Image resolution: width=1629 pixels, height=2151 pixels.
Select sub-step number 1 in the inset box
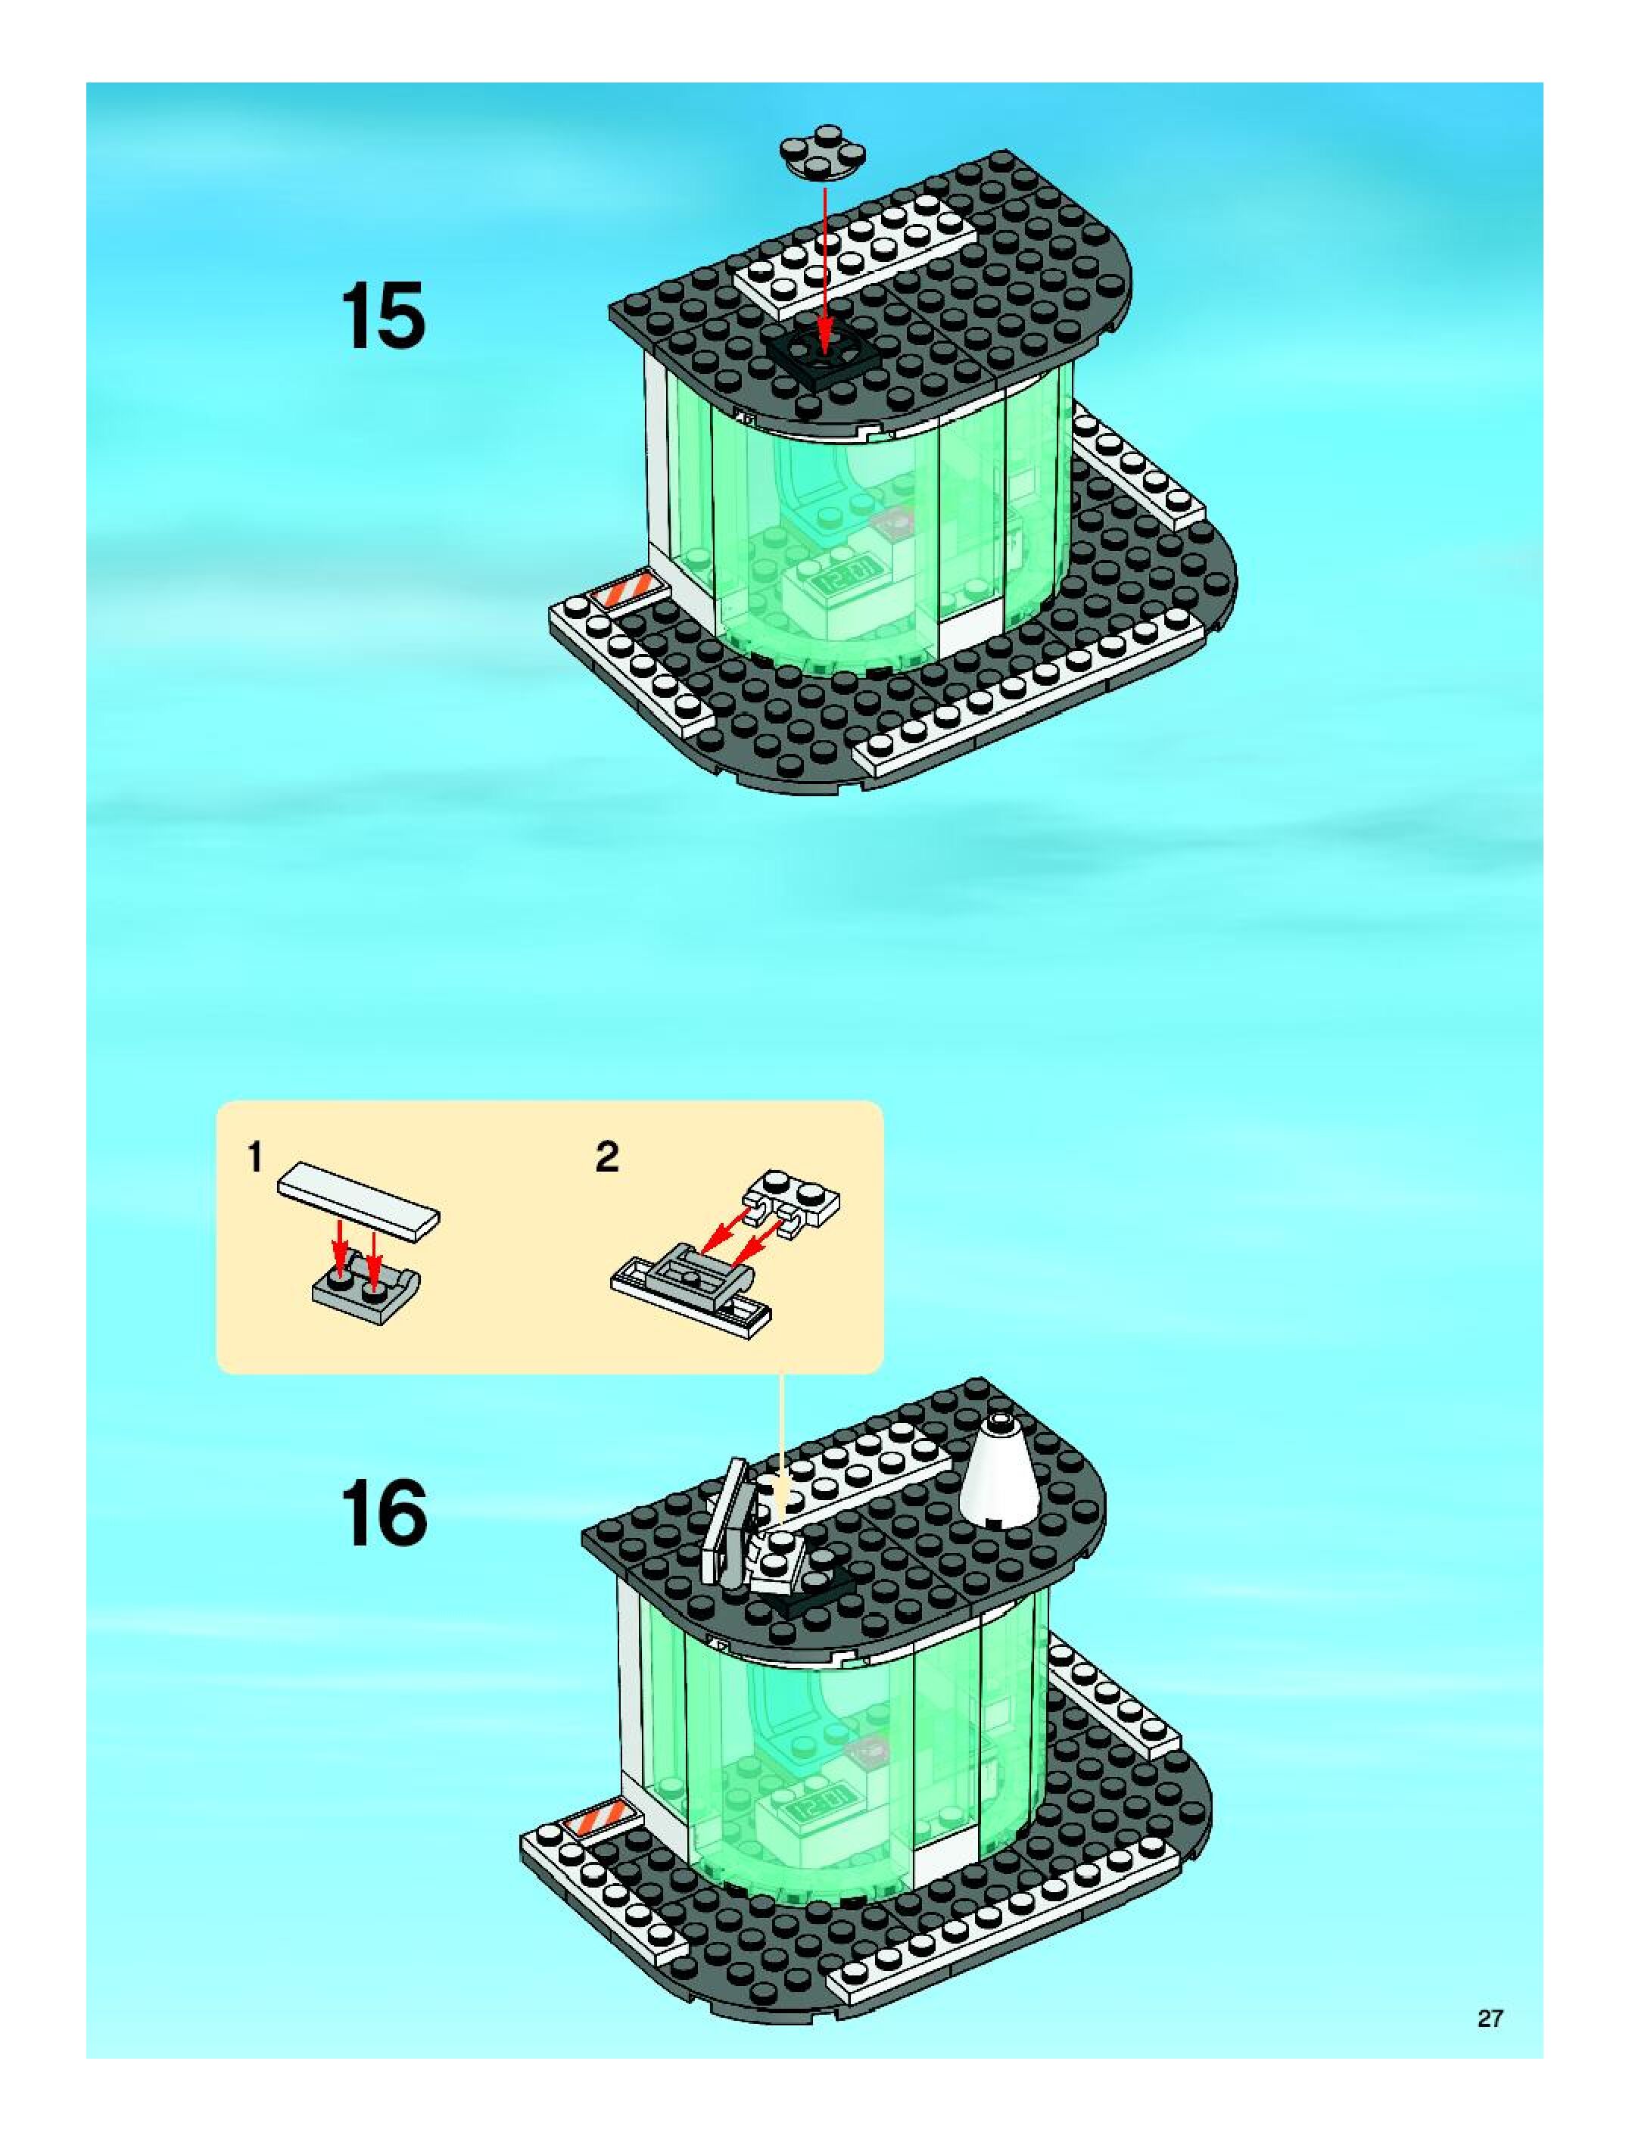[x=255, y=1157]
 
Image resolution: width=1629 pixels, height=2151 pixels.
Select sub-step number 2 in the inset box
[x=607, y=1157]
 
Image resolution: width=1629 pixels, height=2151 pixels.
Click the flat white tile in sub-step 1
[x=358, y=1201]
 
